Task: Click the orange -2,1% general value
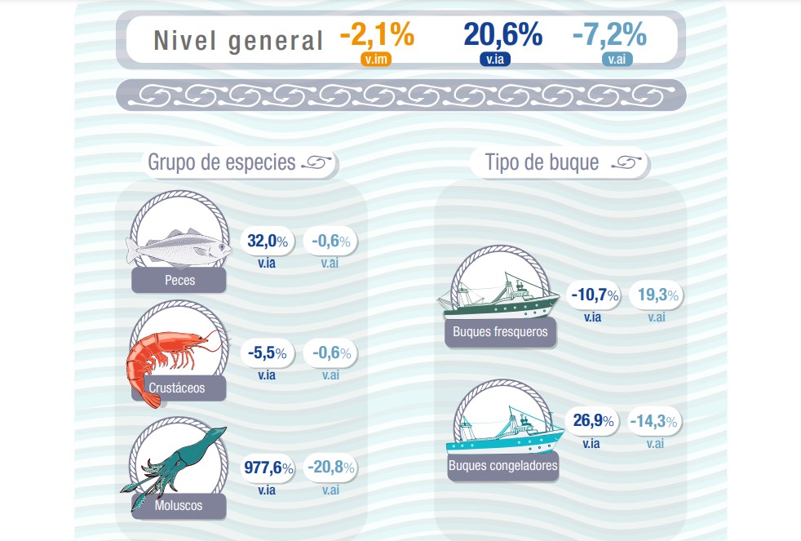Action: coord(376,35)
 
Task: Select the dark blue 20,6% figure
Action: coord(502,35)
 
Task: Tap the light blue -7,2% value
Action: coord(609,35)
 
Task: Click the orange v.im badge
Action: coord(377,59)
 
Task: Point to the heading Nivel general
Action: coord(238,40)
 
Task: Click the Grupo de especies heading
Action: coord(222,162)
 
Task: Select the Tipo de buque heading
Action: coord(542,162)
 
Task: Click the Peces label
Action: coord(179,281)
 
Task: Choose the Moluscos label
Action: coord(178,507)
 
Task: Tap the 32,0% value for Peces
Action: coord(267,242)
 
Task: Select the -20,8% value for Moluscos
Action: coord(330,468)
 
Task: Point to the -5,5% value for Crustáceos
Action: coord(267,354)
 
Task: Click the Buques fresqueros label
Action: coord(500,331)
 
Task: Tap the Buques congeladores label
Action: coord(502,467)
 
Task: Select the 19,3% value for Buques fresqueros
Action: coord(657,295)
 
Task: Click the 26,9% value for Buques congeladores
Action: coord(592,422)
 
